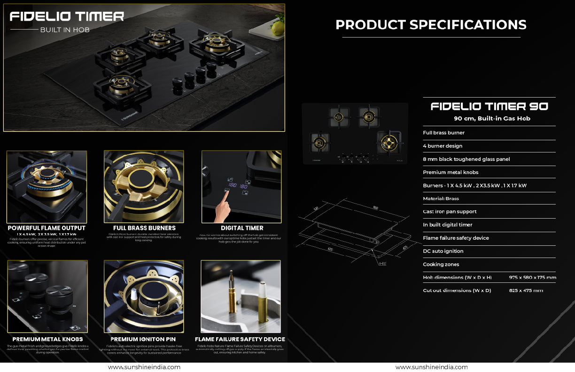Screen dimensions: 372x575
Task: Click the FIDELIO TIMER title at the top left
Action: coord(67,17)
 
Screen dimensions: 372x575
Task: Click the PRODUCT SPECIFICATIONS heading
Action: coord(431,24)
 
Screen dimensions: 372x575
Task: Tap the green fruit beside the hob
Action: coord(278,27)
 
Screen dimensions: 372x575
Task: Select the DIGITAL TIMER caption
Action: coord(242,228)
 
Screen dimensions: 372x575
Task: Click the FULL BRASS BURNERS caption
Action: coord(144,228)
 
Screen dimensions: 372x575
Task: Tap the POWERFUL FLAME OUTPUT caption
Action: coord(47,228)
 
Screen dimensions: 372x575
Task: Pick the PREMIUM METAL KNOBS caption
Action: coord(47,339)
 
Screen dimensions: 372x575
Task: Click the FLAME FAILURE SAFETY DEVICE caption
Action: coord(240,339)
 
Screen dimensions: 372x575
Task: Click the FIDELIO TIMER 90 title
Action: coord(489,106)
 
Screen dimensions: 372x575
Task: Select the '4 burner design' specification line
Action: coord(443,146)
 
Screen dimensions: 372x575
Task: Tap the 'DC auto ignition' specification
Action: coord(443,251)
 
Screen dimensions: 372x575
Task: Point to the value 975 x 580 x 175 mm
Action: coord(532,277)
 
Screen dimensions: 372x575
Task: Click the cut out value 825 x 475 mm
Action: coord(526,290)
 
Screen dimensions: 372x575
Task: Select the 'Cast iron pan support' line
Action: coord(450,212)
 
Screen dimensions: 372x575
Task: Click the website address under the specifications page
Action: coord(431,367)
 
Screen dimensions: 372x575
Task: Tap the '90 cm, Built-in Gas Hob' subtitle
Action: coord(492,119)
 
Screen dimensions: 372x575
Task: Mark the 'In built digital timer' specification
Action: coord(448,225)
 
